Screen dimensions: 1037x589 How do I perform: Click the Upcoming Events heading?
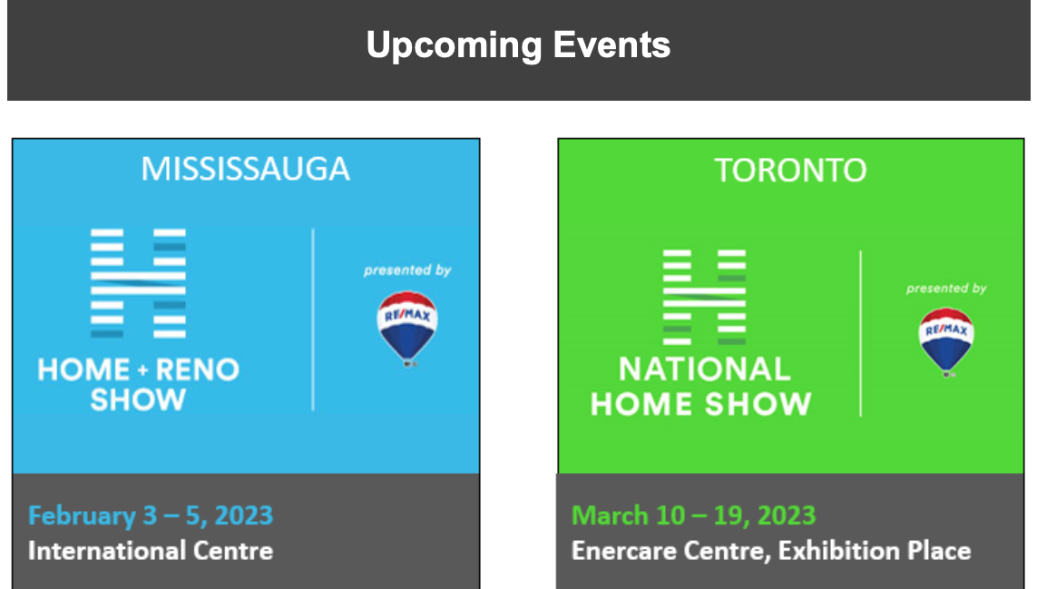click(519, 45)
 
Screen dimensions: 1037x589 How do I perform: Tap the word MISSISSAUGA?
click(245, 169)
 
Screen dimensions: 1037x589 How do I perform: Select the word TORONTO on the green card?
click(790, 170)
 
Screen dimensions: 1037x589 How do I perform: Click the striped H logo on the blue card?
click(138, 283)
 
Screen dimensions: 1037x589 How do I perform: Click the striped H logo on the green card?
click(704, 297)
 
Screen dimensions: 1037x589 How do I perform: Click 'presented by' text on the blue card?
click(407, 270)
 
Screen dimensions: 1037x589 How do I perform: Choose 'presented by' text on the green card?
click(946, 289)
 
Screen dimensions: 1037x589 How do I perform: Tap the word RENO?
click(197, 369)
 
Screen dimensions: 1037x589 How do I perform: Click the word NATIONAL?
click(704, 368)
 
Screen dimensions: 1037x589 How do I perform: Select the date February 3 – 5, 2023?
click(150, 515)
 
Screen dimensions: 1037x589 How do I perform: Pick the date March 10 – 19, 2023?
click(694, 515)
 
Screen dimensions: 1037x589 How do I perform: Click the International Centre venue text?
click(150, 551)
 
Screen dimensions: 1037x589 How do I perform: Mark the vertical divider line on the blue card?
click(313, 320)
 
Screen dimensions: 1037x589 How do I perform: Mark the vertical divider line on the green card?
click(860, 334)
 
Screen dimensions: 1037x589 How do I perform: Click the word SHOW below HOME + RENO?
click(138, 399)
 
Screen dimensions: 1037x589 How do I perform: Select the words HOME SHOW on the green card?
click(701, 404)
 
